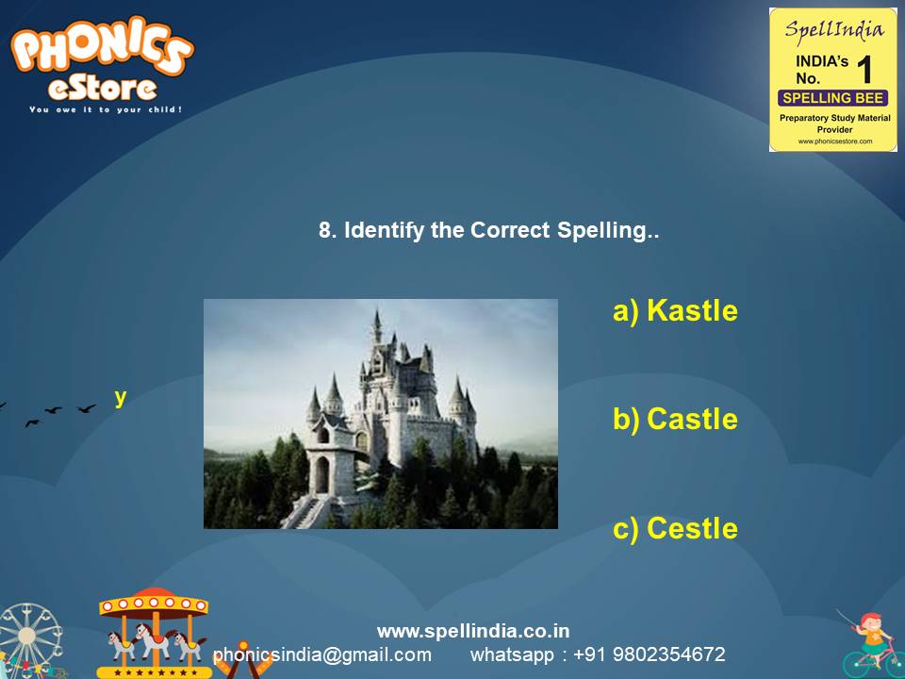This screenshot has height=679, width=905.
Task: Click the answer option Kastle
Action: coord(675,310)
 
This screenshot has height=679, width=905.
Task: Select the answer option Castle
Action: coord(675,419)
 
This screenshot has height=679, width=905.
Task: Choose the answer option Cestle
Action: coord(675,528)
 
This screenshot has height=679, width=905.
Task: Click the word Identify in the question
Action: coord(385,231)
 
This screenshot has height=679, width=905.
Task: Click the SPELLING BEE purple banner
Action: coord(833,98)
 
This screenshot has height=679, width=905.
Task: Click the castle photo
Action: coord(381,414)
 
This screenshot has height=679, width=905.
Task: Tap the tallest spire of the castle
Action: coord(376,321)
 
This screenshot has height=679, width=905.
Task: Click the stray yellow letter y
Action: coord(121,397)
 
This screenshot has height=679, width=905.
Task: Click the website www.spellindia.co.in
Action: coord(473,631)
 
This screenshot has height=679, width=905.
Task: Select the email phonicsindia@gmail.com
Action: coord(322,654)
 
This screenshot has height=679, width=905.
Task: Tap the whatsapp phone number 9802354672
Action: coord(669,654)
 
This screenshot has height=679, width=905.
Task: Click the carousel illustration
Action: coord(154,632)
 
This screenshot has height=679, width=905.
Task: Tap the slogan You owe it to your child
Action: coord(106,109)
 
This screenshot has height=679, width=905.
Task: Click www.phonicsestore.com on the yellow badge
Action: coord(834,141)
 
